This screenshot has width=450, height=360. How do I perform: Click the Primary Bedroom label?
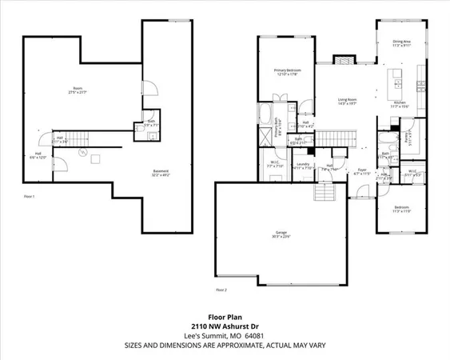pos(286,73)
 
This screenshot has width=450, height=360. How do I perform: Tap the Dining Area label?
pos(401,43)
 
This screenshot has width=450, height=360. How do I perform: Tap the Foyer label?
pos(361,170)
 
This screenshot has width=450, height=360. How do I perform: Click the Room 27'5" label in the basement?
pos(78,90)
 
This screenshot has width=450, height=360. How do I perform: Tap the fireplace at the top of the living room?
pos(343,60)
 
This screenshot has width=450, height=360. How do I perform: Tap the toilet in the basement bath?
pos(149,136)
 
